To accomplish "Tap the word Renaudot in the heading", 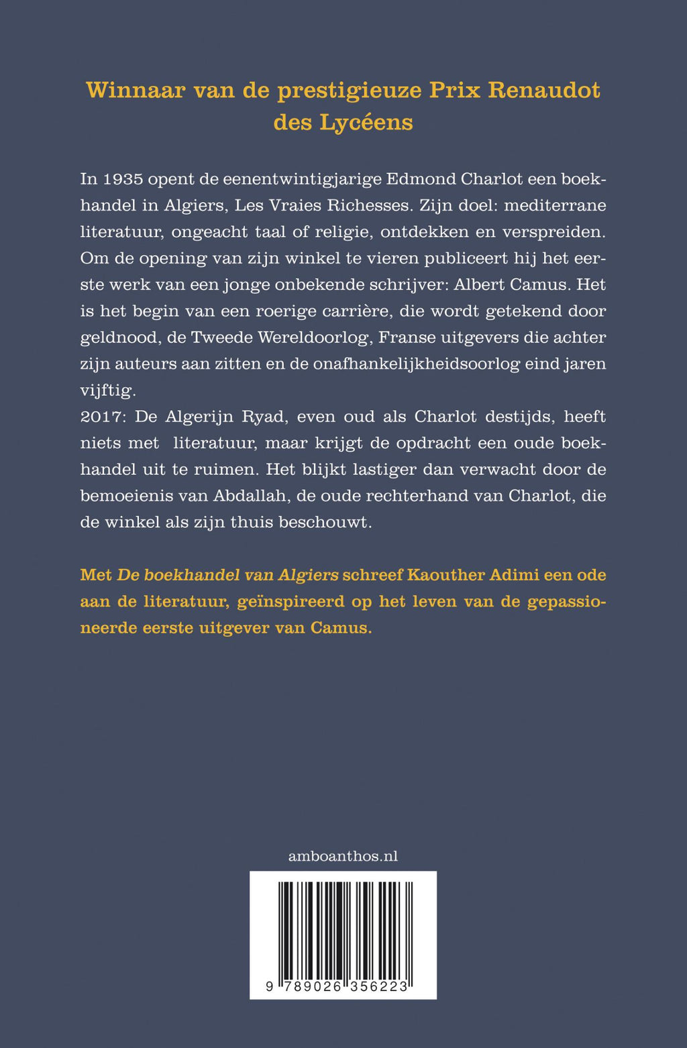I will click(x=544, y=90).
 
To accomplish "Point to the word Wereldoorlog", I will click(x=322, y=337).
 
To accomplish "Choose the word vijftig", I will click(x=107, y=390).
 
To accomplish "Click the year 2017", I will click(x=103, y=417).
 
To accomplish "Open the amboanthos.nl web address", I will click(x=343, y=856).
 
